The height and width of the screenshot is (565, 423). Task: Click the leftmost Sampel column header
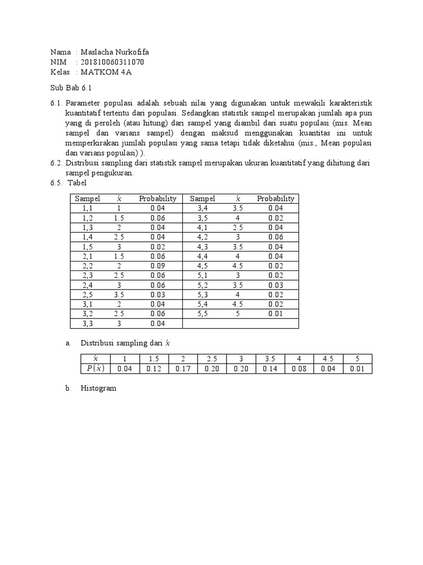coord(88,199)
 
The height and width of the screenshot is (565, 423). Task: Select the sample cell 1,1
coord(88,208)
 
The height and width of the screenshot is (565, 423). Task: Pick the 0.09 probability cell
coord(158,266)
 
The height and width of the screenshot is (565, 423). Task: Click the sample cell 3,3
coord(88,323)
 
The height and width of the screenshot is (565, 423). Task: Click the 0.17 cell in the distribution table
coord(183,369)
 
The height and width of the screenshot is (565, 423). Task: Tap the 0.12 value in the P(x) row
coord(154,369)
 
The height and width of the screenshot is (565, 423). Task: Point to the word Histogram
coord(98,388)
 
